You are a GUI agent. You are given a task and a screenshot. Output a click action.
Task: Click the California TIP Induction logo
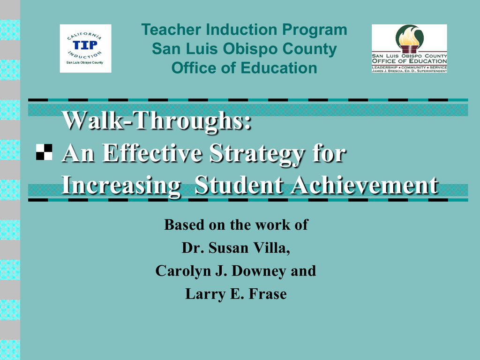(x=85, y=48)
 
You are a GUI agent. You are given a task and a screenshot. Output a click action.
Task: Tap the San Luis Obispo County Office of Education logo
(x=409, y=48)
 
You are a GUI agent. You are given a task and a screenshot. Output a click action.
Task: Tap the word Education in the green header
(x=278, y=68)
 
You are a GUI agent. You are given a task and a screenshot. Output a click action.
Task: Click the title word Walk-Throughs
(x=157, y=120)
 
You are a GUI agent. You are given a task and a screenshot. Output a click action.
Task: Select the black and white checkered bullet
(x=44, y=152)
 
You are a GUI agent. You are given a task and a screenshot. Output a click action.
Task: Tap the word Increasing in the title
(x=121, y=186)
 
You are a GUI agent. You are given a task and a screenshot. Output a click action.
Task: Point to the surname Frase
(x=268, y=294)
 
